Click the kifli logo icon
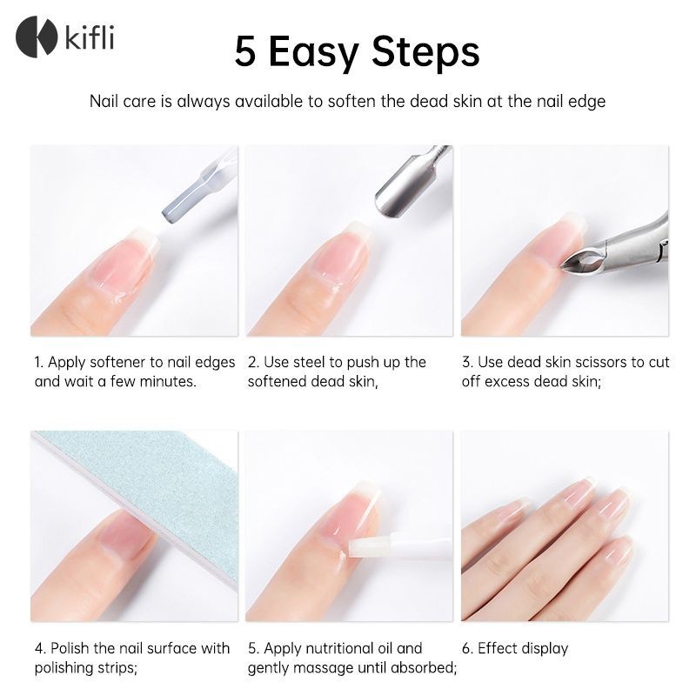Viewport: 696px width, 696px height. click(x=37, y=37)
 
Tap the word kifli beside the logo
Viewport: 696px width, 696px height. click(x=90, y=37)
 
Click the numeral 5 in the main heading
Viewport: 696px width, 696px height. click(x=245, y=52)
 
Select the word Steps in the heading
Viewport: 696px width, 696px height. click(x=425, y=53)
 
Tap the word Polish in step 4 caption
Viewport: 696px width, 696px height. click(x=70, y=648)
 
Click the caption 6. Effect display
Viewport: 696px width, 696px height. click(x=515, y=649)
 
